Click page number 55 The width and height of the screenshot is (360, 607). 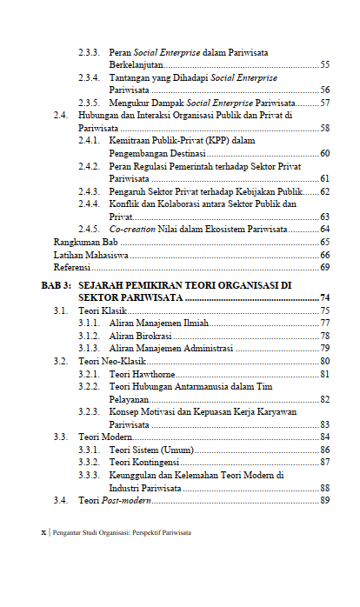click(x=324, y=65)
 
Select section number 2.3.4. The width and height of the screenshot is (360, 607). click(x=87, y=77)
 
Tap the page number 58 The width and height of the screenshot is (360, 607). click(x=324, y=128)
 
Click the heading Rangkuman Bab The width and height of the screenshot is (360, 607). click(x=86, y=242)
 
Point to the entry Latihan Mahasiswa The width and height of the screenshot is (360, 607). click(x=90, y=255)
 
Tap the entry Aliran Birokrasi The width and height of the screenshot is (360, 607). click(x=140, y=335)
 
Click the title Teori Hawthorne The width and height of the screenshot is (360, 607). click(x=142, y=374)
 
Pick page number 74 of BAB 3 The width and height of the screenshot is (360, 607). click(x=324, y=297)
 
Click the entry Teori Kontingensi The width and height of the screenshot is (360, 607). click(x=144, y=463)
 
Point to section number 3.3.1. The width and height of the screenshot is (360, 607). click(x=87, y=450)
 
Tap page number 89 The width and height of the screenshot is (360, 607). click(x=324, y=501)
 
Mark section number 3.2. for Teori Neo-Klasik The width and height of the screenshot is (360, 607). click(x=60, y=361)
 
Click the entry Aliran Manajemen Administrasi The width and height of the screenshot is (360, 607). click(x=171, y=348)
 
